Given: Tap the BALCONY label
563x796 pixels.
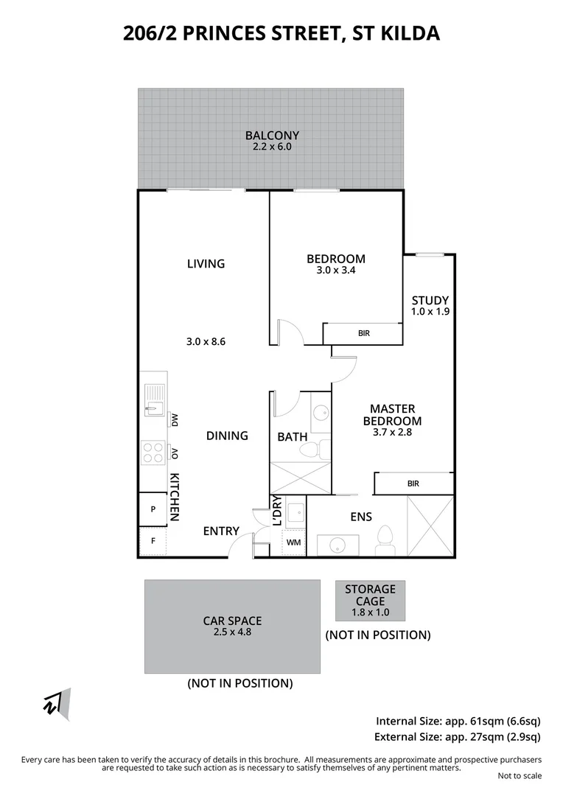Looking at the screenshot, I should click(272, 136).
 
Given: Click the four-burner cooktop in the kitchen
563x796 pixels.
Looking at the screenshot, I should click(153, 453).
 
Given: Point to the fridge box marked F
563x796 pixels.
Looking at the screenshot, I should click(153, 542).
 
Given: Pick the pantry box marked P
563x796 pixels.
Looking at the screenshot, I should click(153, 509).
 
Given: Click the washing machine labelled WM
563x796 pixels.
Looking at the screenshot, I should click(294, 542).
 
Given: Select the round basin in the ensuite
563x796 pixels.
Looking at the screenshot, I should click(338, 546).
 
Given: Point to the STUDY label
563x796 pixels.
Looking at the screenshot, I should click(430, 300).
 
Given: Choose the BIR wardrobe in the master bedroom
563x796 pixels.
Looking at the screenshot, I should click(413, 483).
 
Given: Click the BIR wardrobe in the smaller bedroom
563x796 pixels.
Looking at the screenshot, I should click(363, 334).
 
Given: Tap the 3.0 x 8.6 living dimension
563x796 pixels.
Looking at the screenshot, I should click(206, 341).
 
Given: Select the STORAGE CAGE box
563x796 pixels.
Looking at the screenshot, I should click(370, 600).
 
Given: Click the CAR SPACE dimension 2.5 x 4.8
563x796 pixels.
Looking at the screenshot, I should click(232, 632).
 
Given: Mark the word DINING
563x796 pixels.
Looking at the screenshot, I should click(227, 436).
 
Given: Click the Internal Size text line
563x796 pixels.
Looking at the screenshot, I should click(458, 721).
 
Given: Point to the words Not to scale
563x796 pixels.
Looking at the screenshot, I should click(519, 775).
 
